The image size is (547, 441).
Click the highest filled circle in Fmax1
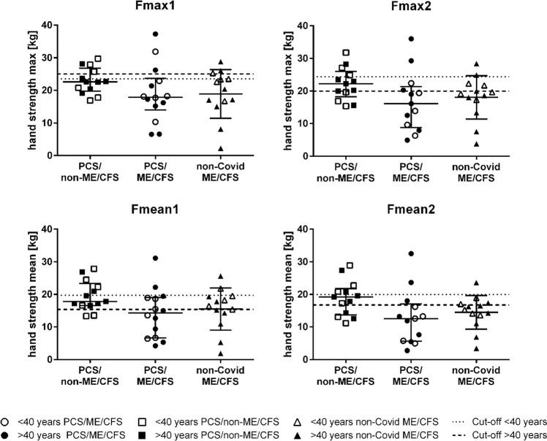point(155,34)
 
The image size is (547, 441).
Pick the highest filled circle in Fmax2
point(412,39)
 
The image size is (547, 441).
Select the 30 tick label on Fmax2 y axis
point(311,58)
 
